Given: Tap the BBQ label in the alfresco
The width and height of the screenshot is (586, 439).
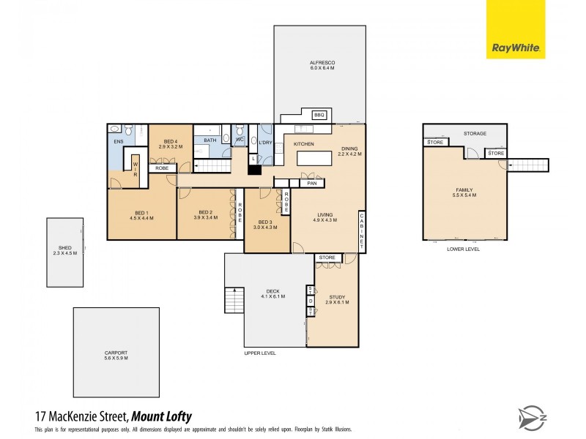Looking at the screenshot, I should point(319,115).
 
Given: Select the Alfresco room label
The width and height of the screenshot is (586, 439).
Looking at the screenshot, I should point(321,64).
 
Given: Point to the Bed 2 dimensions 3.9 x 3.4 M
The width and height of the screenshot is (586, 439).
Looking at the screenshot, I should point(205,217).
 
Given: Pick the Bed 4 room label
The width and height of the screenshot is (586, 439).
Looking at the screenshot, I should point(170,141).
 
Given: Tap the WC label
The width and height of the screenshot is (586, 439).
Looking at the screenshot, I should point(239,139).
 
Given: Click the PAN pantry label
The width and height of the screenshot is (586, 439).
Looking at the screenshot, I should point(311,183).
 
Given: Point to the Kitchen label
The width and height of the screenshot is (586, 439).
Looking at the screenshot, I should point(304,144).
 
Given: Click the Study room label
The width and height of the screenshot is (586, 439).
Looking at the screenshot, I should point(336,297).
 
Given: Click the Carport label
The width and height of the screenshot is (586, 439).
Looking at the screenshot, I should point(116,353).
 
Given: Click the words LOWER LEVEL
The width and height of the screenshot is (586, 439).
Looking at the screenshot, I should point(463,249).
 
